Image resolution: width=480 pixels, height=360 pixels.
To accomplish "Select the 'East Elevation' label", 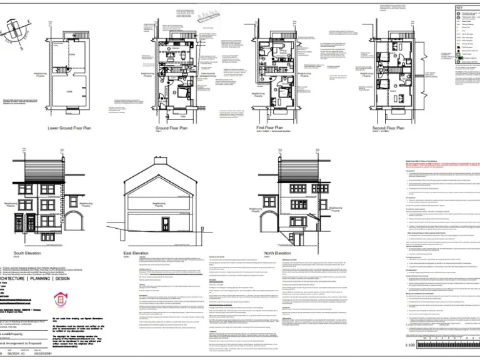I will pyautogui.click(x=136, y=252).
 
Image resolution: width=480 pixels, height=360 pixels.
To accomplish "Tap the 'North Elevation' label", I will pyautogui.click(x=277, y=252).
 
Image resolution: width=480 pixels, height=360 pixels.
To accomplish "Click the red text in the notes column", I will pyautogui.click(x=425, y=163).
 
